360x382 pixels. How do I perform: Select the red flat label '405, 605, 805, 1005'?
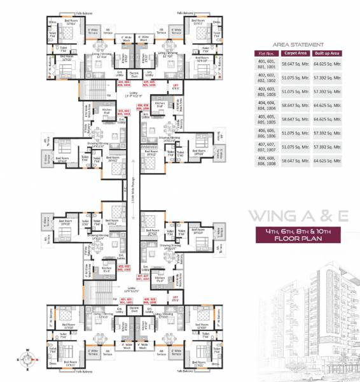click(x=149, y=83)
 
